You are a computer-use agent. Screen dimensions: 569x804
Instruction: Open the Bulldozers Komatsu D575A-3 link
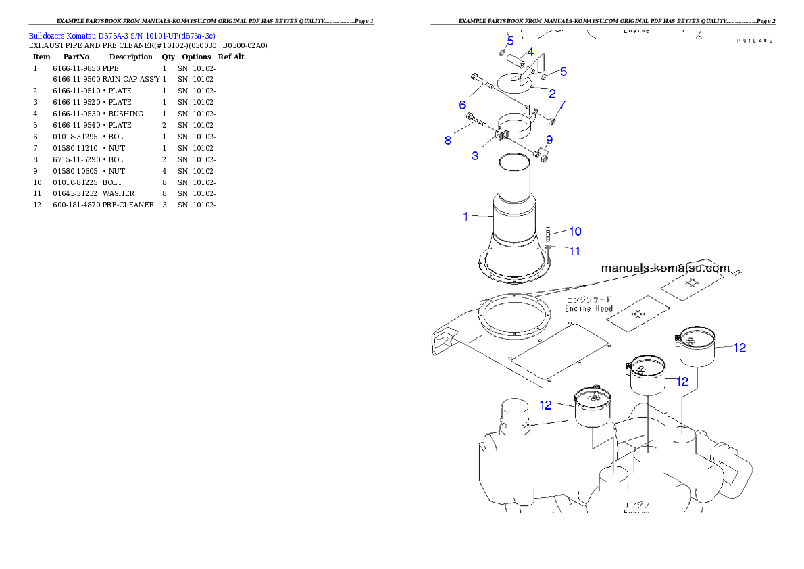point(122,36)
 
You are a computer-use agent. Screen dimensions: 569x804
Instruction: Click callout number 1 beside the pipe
point(466,217)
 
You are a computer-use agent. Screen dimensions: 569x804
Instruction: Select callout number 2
point(552,94)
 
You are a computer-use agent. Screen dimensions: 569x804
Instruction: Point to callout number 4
point(530,52)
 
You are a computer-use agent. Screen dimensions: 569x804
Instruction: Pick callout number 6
point(463,105)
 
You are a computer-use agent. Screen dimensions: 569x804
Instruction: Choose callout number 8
point(448,141)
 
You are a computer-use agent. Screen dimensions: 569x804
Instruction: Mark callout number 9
point(549,140)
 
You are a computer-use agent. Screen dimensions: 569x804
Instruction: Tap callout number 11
point(574,251)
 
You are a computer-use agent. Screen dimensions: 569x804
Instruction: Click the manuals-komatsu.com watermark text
point(665,268)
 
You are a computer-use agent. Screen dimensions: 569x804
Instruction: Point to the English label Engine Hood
point(589,308)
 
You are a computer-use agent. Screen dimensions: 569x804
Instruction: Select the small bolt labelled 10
point(548,234)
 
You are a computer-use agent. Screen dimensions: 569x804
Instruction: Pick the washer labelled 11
point(548,248)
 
